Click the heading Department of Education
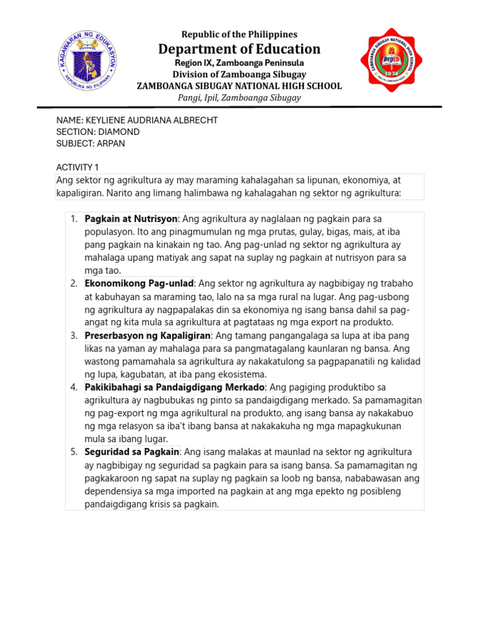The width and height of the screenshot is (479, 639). (x=239, y=49)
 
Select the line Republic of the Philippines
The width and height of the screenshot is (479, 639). (x=239, y=34)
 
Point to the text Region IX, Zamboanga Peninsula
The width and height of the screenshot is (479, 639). (x=239, y=63)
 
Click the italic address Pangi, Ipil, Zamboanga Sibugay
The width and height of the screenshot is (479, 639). (x=239, y=97)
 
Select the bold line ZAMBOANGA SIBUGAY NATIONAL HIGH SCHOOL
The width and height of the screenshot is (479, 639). (x=239, y=86)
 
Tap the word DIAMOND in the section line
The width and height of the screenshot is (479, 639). (x=118, y=132)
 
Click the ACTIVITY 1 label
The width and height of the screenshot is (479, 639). (x=77, y=167)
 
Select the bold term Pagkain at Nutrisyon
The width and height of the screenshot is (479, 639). (x=132, y=218)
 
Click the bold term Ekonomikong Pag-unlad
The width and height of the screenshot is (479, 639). (x=140, y=283)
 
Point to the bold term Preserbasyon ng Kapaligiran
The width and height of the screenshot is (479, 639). (x=148, y=336)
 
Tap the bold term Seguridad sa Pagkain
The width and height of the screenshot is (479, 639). (x=132, y=452)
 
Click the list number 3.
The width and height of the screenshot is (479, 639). (x=73, y=336)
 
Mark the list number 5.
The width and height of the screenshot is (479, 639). (x=73, y=452)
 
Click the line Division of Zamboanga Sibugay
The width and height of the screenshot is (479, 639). (x=239, y=74)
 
